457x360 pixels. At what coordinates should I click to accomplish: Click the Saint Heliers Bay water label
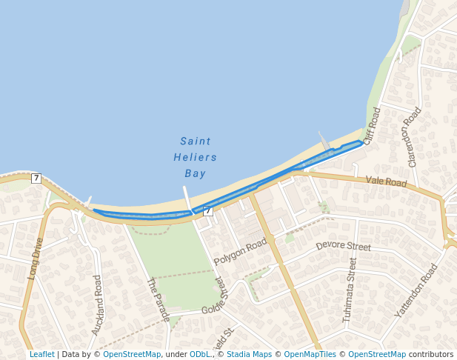(x=195, y=157)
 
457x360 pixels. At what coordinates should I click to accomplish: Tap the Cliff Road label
(x=372, y=125)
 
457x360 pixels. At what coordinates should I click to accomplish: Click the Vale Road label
(x=386, y=181)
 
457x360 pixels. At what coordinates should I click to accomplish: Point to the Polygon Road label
(x=240, y=252)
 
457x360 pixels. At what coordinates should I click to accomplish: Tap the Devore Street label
(x=343, y=246)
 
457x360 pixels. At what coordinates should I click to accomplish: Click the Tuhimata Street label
(x=350, y=290)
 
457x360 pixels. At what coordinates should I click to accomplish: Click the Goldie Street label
(x=213, y=296)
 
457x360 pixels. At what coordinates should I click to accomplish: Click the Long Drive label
(x=35, y=258)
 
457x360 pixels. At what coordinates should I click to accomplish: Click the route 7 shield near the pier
(x=208, y=211)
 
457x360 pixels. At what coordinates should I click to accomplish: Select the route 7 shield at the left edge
(x=36, y=178)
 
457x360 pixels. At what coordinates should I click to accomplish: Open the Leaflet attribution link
(x=41, y=355)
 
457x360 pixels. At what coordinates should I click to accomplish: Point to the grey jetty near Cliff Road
(x=324, y=140)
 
